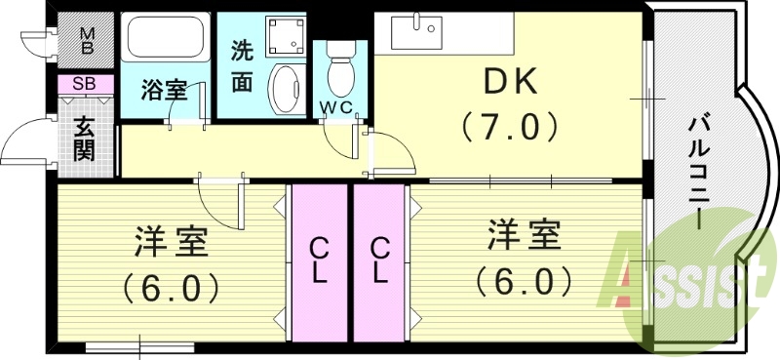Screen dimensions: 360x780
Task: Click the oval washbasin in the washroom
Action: click(286, 91)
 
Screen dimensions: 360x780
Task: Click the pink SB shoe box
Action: click(85, 85)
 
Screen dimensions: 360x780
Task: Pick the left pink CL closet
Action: click(318, 261)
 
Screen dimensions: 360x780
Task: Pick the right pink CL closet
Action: click(378, 261)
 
